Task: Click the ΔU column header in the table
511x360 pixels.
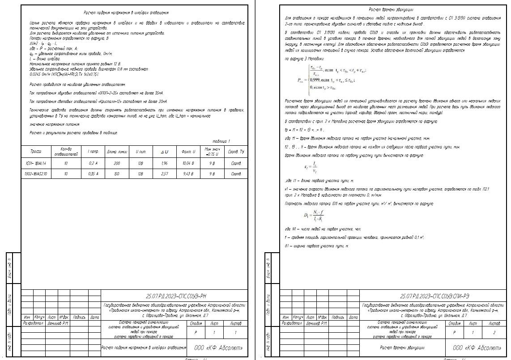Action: (164, 152)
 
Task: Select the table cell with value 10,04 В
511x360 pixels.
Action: (188, 164)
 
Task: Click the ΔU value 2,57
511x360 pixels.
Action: (164, 174)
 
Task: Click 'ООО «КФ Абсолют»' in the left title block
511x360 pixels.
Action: (219, 348)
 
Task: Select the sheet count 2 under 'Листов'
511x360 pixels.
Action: (494, 333)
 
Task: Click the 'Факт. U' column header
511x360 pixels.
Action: (188, 152)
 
